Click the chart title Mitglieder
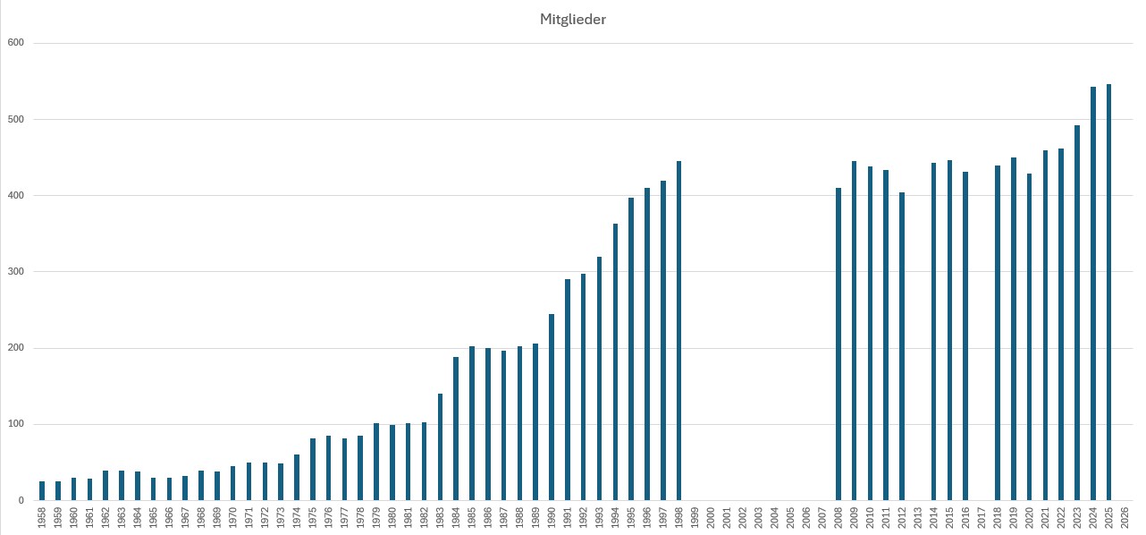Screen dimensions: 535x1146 click(x=573, y=20)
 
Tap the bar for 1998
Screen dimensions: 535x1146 click(x=678, y=331)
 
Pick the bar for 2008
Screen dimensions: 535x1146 click(x=838, y=344)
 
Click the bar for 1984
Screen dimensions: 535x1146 click(x=456, y=429)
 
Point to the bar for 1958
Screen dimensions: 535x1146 click(x=42, y=491)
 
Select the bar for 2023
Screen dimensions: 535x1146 click(x=1077, y=313)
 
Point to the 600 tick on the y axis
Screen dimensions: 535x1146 click(x=15, y=43)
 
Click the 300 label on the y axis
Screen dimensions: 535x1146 click(x=15, y=272)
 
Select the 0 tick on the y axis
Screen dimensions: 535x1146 click(x=21, y=501)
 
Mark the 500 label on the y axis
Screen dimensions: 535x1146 click(x=15, y=119)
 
